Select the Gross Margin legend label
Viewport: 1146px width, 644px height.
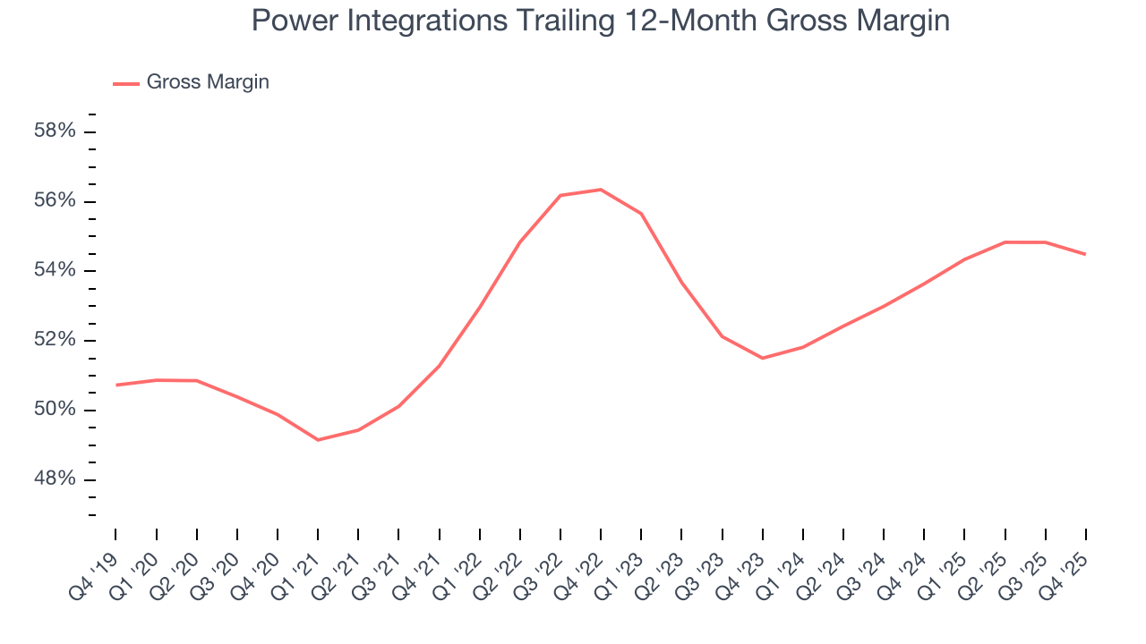pyautogui.click(x=208, y=82)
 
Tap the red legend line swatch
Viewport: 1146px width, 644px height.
pyautogui.click(x=125, y=83)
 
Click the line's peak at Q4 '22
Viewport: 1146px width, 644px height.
pyautogui.click(x=601, y=190)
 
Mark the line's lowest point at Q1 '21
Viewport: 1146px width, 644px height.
pyautogui.click(x=318, y=440)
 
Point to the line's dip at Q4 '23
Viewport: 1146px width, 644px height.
pyautogui.click(x=762, y=358)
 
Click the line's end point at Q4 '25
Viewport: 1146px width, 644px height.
pyautogui.click(x=1085, y=254)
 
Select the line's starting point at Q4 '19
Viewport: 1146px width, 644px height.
pyautogui.click(x=116, y=385)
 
